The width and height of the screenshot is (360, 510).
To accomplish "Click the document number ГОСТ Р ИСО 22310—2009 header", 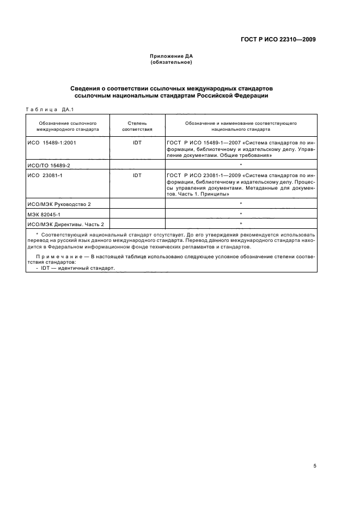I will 278,39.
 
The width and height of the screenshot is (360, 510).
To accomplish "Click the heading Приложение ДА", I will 172,56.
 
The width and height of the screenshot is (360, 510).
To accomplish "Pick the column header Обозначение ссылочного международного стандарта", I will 68,127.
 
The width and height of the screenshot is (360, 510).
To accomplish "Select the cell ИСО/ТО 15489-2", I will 49,164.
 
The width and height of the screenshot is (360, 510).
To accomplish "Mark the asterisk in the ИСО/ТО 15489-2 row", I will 240,165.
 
